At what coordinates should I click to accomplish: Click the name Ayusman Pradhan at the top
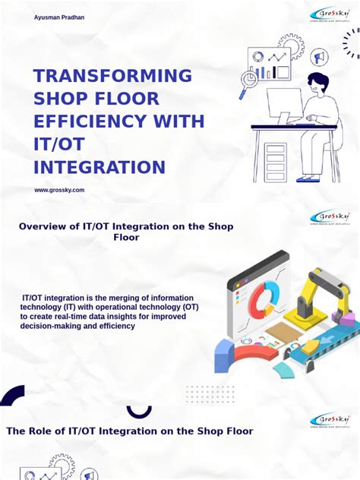pos(60,17)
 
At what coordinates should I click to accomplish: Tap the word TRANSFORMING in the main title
pos(112,76)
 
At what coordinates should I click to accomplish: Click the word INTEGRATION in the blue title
pos(99,167)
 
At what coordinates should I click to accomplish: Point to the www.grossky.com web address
pos(59,190)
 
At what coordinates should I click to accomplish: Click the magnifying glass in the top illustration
pos(247,81)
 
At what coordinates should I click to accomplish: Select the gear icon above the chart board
pos(290,46)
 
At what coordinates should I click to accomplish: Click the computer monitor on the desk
pos(284,105)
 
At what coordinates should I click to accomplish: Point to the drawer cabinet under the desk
pos(275,159)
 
